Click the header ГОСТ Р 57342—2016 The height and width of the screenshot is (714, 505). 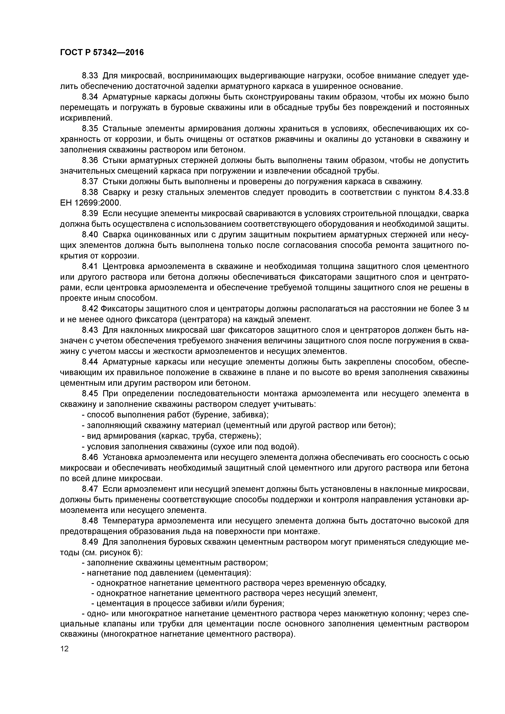click(x=102, y=53)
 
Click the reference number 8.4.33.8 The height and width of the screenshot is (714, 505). click(x=453, y=192)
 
